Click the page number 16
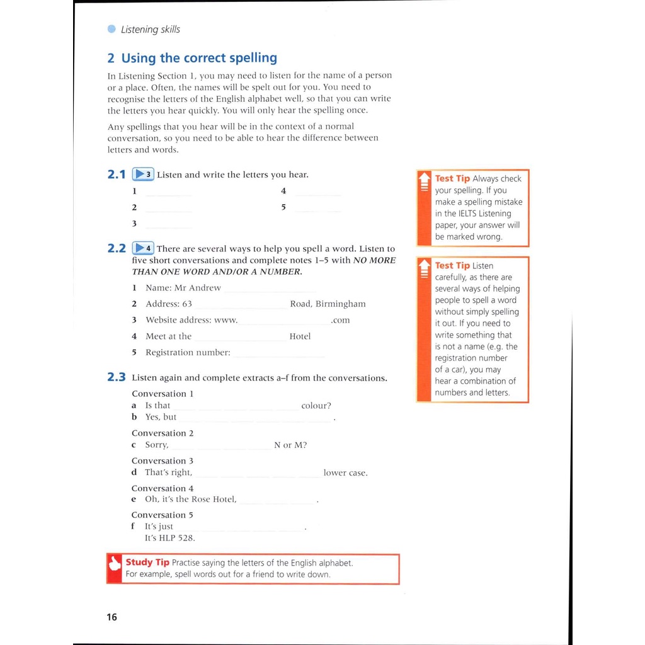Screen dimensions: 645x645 [x=111, y=617]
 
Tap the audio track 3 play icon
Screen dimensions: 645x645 [x=143, y=174]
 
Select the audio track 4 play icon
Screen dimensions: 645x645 [x=143, y=248]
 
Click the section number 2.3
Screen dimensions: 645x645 [x=117, y=377]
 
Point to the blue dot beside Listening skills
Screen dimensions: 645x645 [x=111, y=29]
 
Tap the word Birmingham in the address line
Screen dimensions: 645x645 [x=340, y=304]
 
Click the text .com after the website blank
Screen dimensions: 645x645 [x=340, y=320]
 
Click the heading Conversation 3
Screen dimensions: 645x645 [x=163, y=461]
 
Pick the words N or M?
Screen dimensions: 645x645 [x=290, y=445]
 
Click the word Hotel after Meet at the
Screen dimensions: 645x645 [x=300, y=336]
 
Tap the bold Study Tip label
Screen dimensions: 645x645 [x=147, y=562]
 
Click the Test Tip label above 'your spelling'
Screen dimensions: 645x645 [x=452, y=179]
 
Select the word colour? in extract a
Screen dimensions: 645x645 [x=316, y=406]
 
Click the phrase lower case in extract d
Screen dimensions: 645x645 [x=345, y=473]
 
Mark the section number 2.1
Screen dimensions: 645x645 [x=117, y=174]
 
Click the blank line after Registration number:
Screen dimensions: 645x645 [x=279, y=355]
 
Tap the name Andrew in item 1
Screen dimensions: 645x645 [x=205, y=288]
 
